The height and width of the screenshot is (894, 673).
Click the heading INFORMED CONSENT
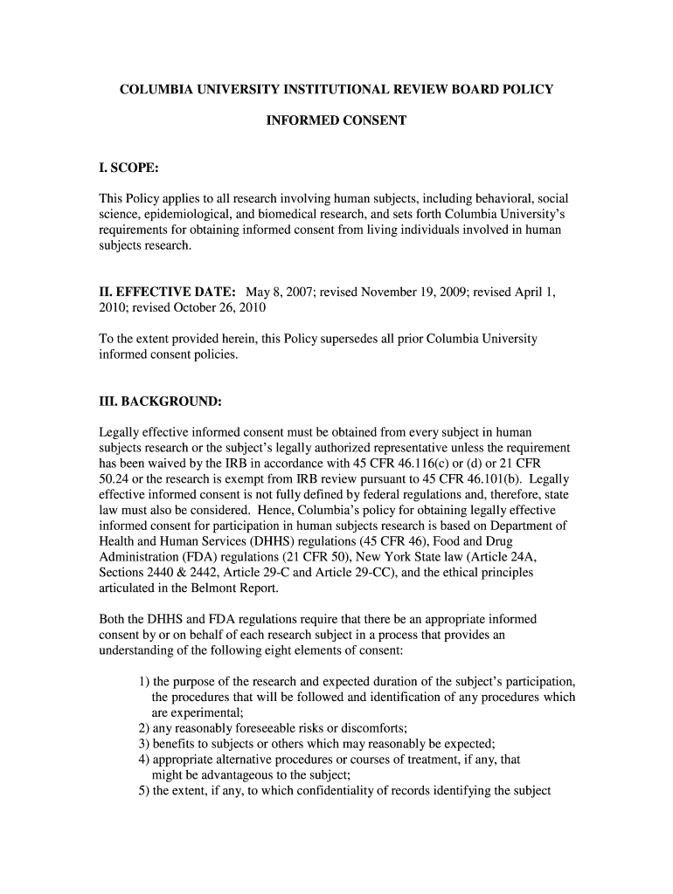[x=336, y=120]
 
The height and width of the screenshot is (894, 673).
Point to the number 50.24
[x=115, y=480]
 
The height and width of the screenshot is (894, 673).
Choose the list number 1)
[x=144, y=682]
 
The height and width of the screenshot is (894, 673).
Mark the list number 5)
[x=144, y=792]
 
